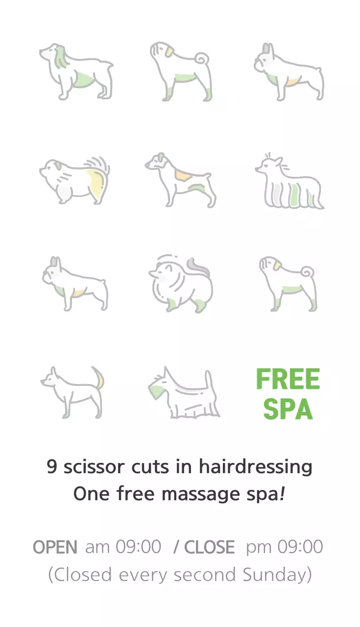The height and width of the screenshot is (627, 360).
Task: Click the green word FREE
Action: (x=288, y=379)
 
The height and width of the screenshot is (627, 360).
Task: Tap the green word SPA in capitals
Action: (x=288, y=409)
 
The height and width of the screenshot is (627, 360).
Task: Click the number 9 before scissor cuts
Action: (x=52, y=467)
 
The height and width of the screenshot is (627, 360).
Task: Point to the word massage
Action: (x=201, y=495)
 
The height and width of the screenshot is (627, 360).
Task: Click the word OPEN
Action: (x=55, y=547)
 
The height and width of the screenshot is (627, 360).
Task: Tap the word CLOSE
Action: (x=210, y=547)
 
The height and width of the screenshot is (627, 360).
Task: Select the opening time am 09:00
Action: (x=123, y=547)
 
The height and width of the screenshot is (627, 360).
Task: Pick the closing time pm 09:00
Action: (x=285, y=547)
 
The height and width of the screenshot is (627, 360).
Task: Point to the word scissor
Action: (x=94, y=467)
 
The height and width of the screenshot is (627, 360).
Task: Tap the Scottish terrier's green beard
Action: (x=155, y=390)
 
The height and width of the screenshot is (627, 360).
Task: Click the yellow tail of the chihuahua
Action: (x=101, y=379)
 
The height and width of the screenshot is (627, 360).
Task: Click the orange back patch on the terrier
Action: (x=183, y=175)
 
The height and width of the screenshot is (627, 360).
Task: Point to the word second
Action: (x=205, y=575)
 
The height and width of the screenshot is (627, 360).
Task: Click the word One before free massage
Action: (x=91, y=494)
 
